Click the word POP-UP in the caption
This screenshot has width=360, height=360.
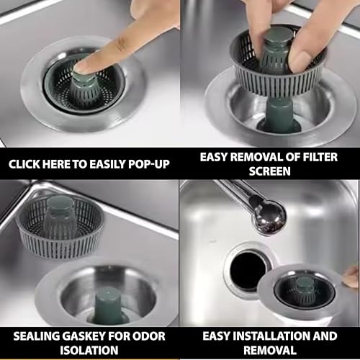tap(149, 164)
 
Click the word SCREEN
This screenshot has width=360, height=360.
tap(269, 171)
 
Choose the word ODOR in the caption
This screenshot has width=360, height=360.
tap(149, 336)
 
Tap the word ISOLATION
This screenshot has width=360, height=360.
tap(89, 350)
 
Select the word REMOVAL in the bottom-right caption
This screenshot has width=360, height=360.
tap(269, 350)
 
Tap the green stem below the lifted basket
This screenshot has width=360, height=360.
tap(279, 113)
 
